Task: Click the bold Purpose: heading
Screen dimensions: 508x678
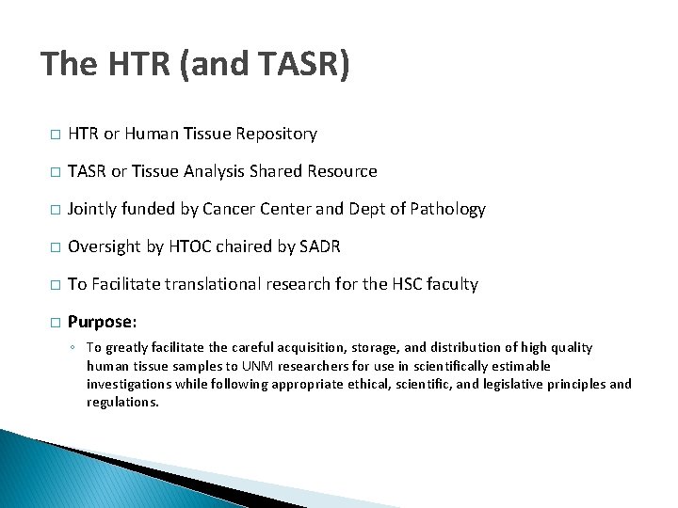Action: (x=102, y=322)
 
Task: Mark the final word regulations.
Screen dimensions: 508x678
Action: (x=122, y=402)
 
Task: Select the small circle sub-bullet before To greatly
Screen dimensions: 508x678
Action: (x=73, y=348)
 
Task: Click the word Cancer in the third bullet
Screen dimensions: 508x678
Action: (x=252, y=209)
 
